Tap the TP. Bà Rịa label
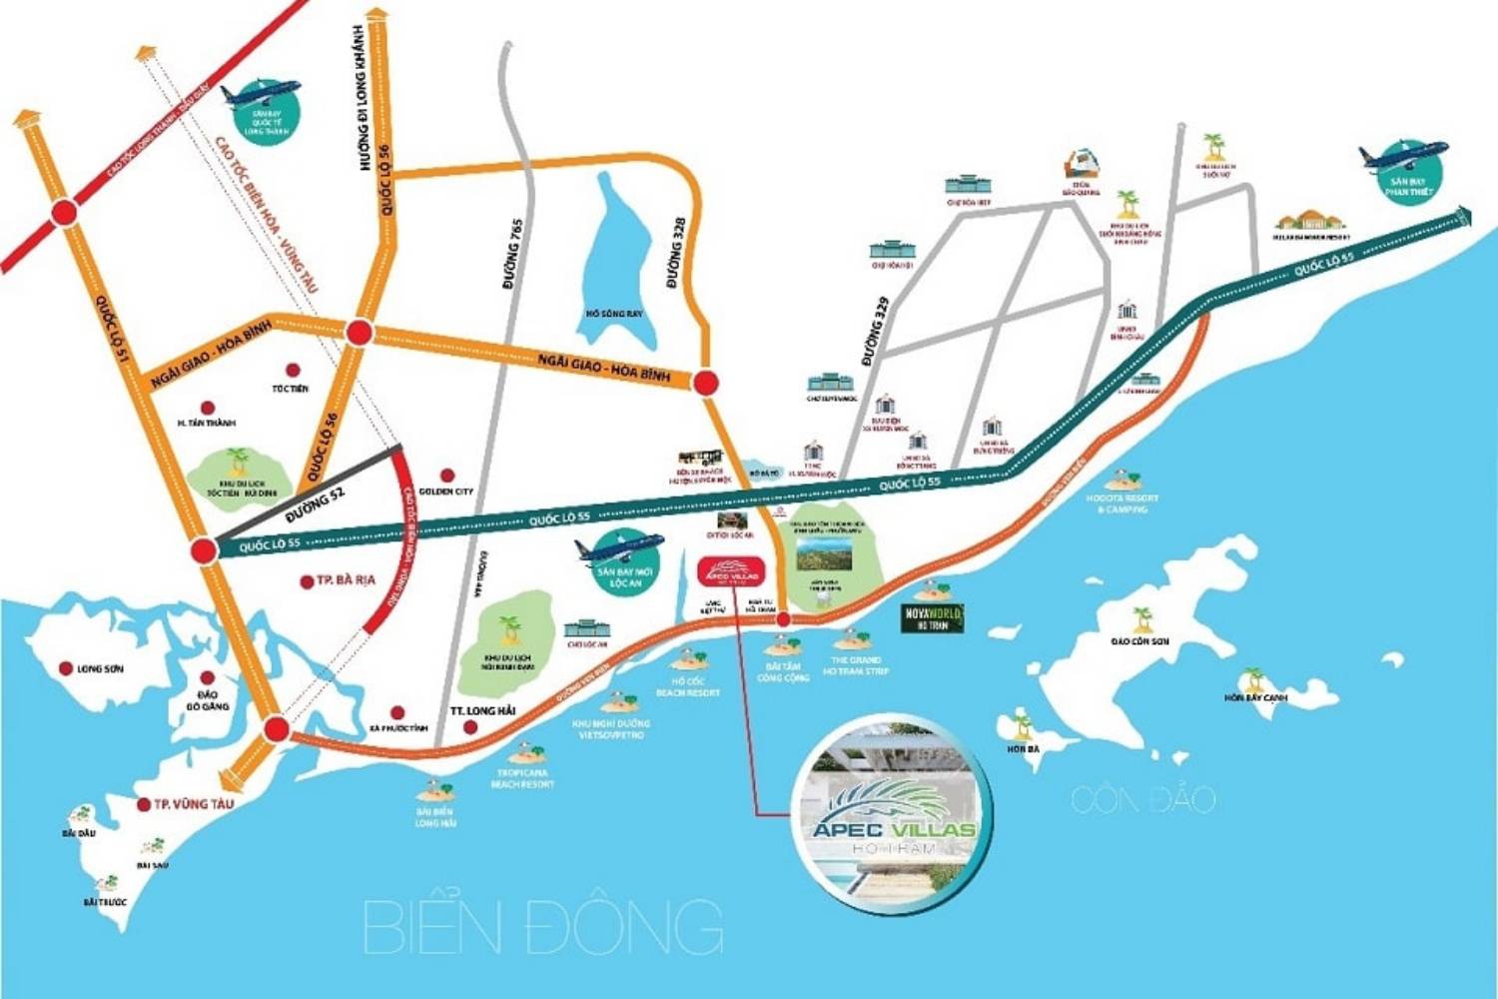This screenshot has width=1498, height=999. (346, 580)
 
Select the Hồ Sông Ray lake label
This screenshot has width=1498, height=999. (614, 314)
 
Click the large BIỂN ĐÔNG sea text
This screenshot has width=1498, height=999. (543, 926)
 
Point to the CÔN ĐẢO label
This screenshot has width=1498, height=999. (1143, 799)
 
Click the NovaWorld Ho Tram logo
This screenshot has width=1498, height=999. (933, 618)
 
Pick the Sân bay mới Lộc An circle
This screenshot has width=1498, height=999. (624, 564)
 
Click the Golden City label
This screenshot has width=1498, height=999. (446, 492)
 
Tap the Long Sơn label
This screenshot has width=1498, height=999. (100, 668)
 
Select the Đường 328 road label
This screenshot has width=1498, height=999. (675, 253)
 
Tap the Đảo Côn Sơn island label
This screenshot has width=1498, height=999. (1139, 641)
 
